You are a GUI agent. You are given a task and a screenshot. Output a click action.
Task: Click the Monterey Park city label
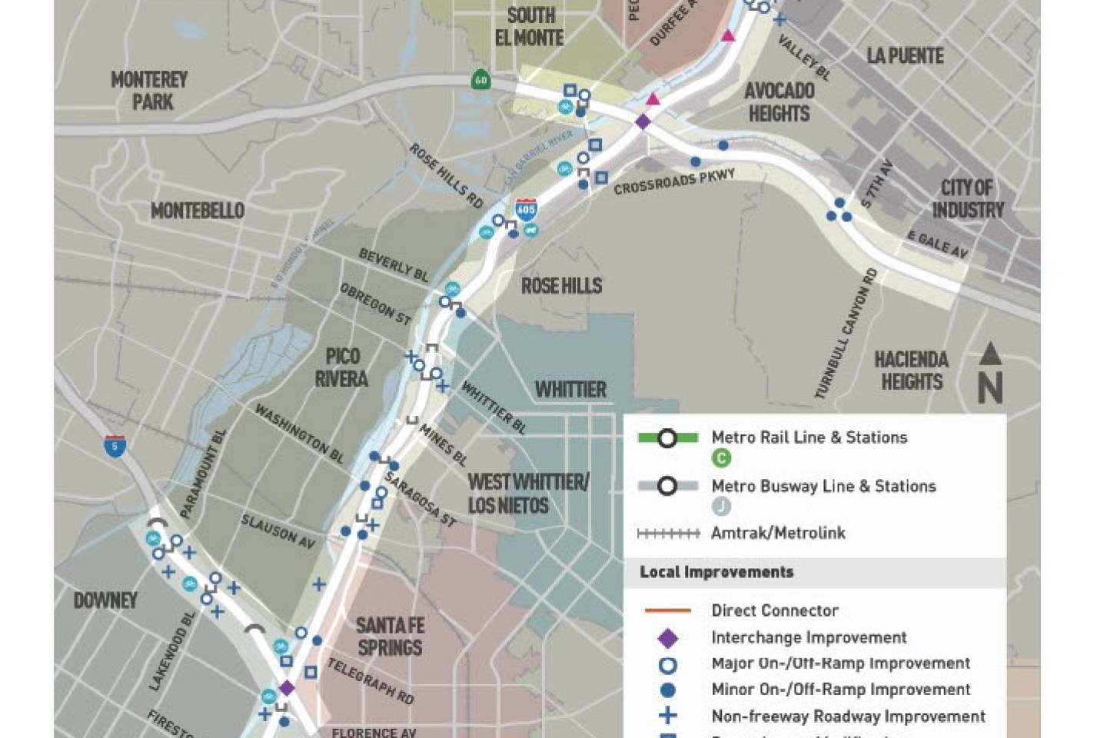149,91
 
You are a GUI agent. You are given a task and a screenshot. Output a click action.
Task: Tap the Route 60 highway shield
480,80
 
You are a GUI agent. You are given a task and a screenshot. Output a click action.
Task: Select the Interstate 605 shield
526,208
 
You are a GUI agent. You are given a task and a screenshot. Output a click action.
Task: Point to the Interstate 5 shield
115,445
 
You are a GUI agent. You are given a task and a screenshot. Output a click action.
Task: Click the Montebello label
197,211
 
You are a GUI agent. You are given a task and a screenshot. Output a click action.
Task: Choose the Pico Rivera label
342,367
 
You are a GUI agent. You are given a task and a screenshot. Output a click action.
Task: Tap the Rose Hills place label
561,286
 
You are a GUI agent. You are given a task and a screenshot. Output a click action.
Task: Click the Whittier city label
570,390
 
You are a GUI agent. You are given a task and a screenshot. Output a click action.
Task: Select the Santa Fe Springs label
390,637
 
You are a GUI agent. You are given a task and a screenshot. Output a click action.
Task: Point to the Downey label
105,600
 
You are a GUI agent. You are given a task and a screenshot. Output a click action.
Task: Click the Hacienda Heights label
911,371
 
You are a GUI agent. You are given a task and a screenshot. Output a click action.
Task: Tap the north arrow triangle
990,354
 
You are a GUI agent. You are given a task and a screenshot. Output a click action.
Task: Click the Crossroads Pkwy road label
674,181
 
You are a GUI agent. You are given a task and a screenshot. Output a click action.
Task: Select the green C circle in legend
721,458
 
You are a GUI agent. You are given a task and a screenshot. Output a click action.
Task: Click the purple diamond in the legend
668,638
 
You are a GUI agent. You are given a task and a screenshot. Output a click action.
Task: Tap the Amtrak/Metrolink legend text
778,533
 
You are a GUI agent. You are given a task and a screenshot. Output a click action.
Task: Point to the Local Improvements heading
716,572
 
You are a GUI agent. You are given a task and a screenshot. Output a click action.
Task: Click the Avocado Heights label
779,102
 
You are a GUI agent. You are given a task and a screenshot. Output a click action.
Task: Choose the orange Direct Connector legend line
667,611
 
